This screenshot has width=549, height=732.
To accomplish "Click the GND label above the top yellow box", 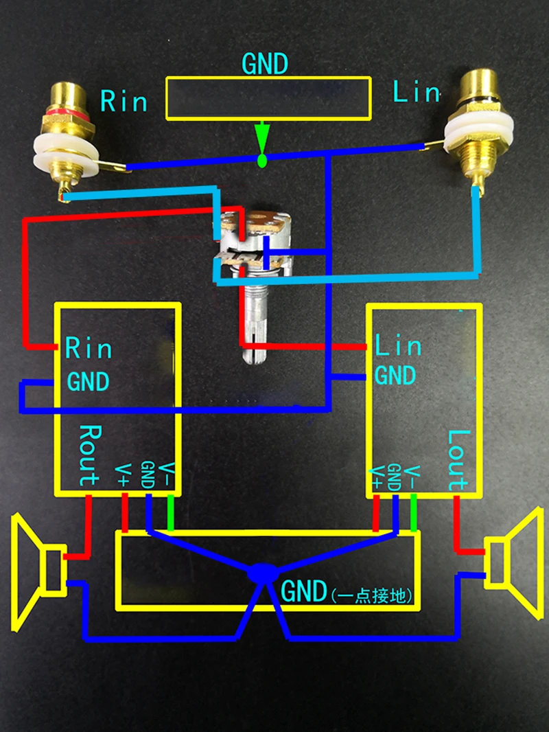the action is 265,64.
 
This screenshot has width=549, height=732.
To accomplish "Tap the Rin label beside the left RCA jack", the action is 124,101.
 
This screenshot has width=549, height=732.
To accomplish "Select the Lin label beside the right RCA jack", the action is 417,91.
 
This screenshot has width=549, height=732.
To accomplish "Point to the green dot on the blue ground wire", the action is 262,161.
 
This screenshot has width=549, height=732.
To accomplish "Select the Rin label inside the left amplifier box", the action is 89,347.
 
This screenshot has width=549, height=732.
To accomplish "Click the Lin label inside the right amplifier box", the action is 398,345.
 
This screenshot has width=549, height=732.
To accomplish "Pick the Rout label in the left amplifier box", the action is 90,455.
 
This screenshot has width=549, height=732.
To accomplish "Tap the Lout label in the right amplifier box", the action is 458,460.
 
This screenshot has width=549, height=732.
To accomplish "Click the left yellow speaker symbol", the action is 39,572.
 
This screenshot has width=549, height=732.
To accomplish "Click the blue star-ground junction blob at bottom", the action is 263,574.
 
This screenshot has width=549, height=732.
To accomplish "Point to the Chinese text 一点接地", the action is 372,595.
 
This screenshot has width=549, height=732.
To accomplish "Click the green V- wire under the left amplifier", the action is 171,512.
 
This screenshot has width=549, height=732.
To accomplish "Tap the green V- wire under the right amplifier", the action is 413,512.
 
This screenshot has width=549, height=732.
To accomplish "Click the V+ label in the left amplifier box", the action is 123,475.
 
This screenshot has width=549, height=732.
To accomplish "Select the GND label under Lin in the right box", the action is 395,376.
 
